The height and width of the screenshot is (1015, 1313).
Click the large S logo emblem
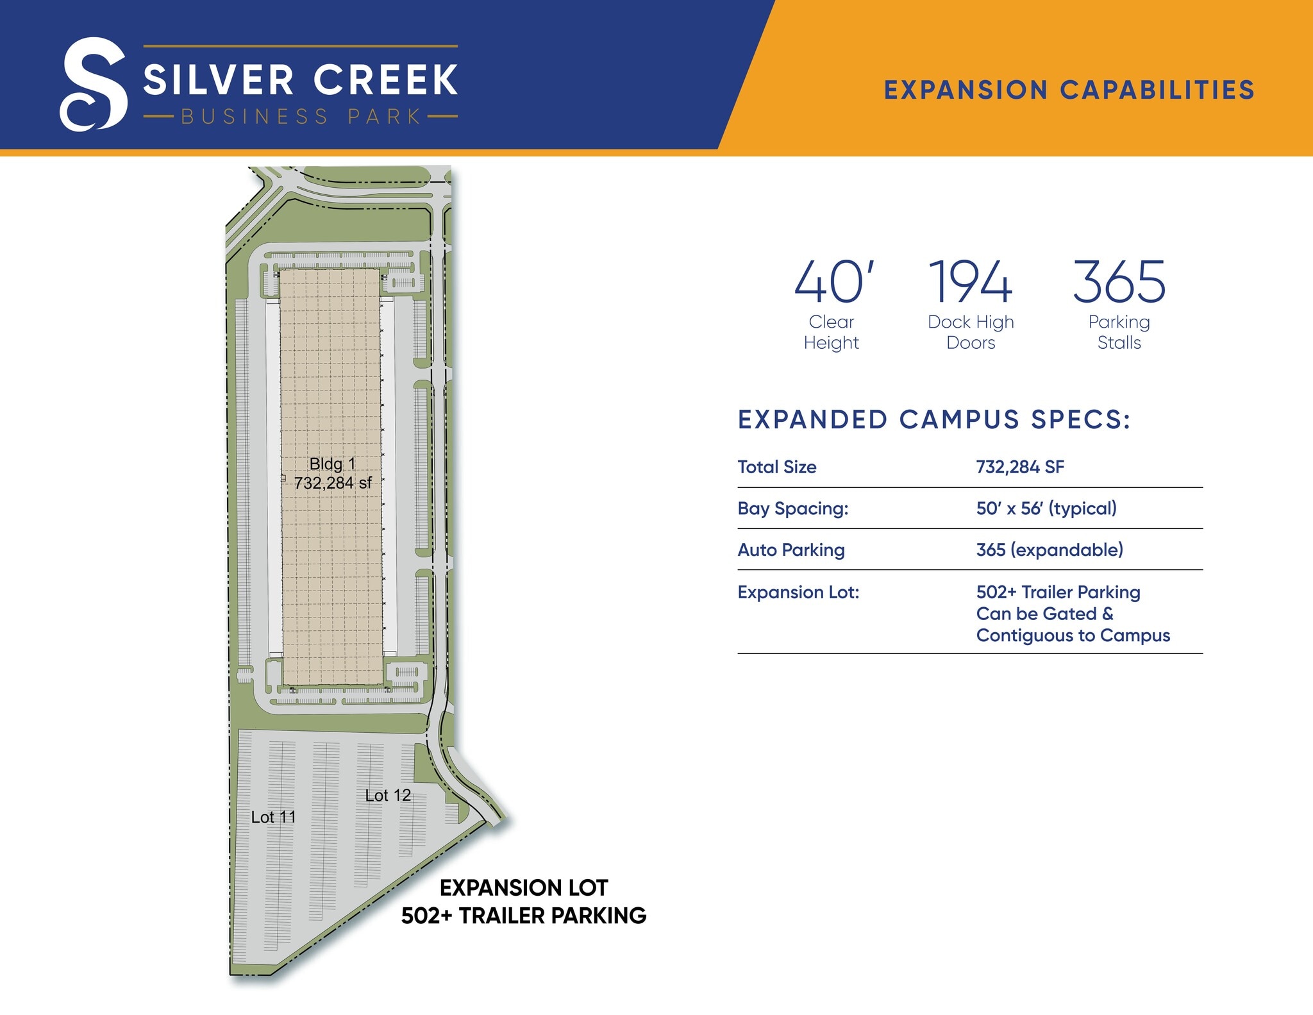point(94,84)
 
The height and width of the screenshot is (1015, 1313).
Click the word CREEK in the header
point(385,80)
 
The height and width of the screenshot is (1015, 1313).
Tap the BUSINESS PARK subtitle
point(301,117)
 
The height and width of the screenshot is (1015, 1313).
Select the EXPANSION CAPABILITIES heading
point(1069,90)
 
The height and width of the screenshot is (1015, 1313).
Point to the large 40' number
point(833,282)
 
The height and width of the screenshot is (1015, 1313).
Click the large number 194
point(970,282)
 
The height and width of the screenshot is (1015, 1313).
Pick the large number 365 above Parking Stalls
point(1119,282)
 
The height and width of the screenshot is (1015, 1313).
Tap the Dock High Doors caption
point(971,332)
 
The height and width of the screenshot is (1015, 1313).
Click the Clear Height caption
point(832,332)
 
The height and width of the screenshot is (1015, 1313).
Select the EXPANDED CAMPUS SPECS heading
point(933,420)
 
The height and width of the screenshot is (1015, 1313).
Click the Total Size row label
point(777,467)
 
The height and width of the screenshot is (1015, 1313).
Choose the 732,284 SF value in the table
point(1020,467)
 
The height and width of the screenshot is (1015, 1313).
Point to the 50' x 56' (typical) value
point(1046,508)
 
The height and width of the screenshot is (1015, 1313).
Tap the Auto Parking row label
point(791,550)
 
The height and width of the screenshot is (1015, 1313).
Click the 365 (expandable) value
point(1050,550)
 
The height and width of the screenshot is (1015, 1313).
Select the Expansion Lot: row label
point(798,592)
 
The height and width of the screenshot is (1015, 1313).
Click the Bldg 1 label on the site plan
point(332,464)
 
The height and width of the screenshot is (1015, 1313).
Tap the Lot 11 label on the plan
point(273,818)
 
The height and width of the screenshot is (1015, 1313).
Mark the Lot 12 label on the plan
point(387,796)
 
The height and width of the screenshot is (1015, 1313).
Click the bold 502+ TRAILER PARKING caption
point(524,916)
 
